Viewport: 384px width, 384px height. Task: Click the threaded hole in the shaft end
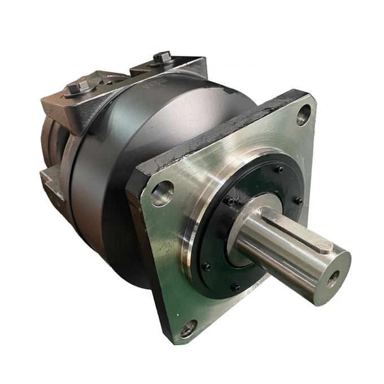(334, 277)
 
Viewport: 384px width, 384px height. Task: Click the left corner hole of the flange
(162, 193)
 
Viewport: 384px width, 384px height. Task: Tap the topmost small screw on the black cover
(278, 169)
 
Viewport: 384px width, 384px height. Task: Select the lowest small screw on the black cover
(236, 287)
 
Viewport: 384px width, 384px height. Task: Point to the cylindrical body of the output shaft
(277, 248)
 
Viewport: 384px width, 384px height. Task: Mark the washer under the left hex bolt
(80, 94)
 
